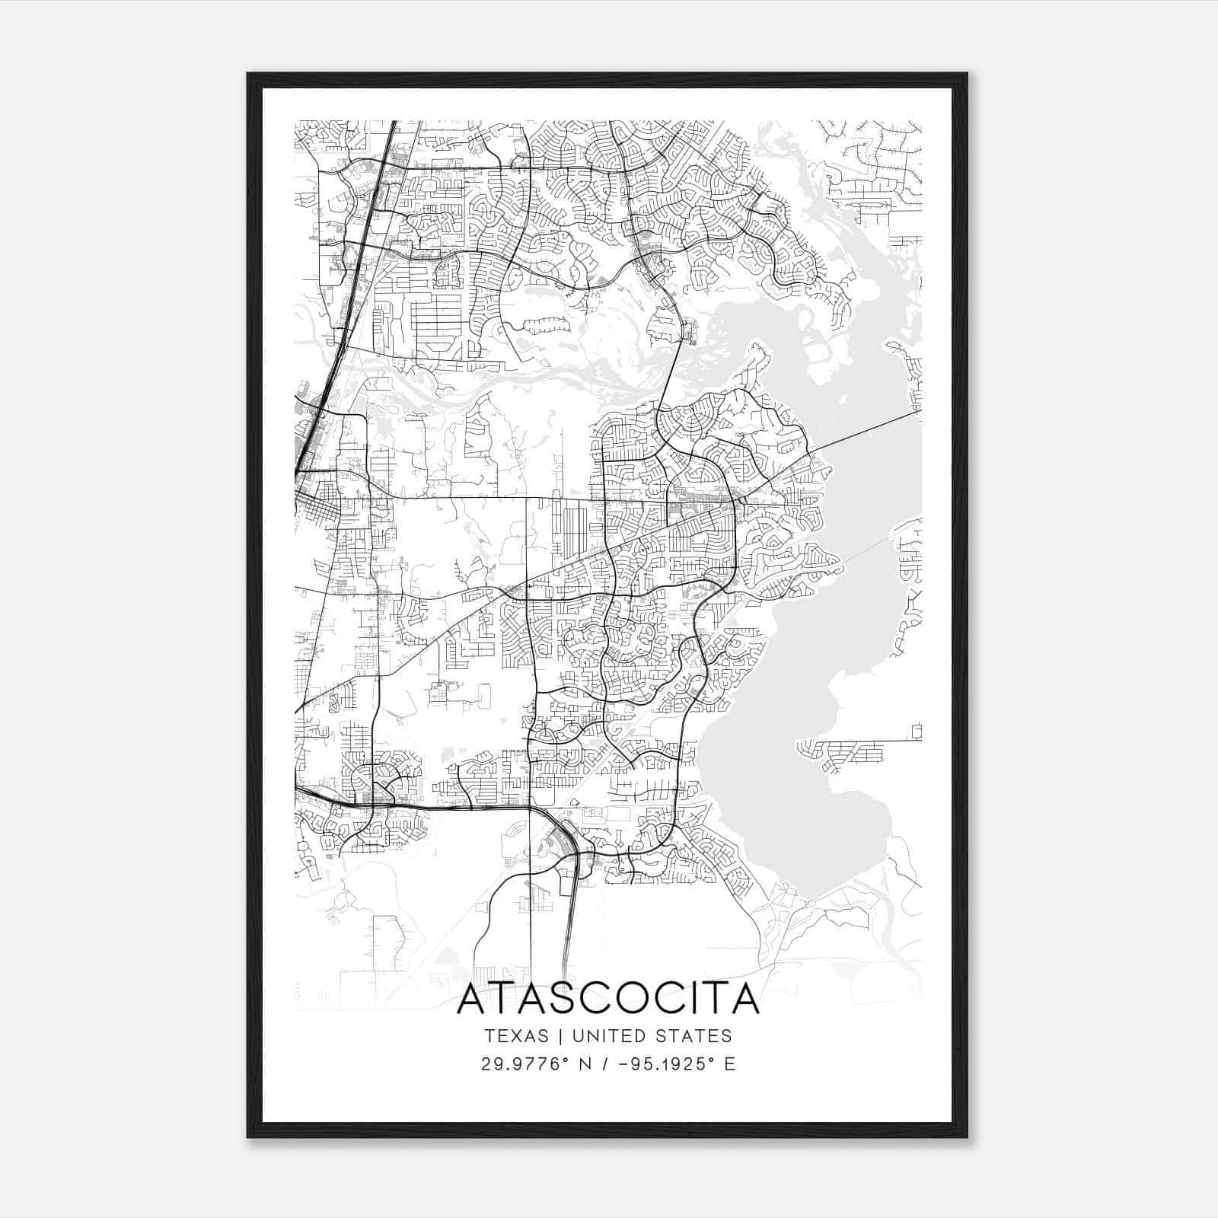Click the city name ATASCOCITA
608,1000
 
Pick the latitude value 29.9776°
525,1064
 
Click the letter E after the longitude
730,1064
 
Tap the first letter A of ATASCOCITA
473,1000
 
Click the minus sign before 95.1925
624,1064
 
